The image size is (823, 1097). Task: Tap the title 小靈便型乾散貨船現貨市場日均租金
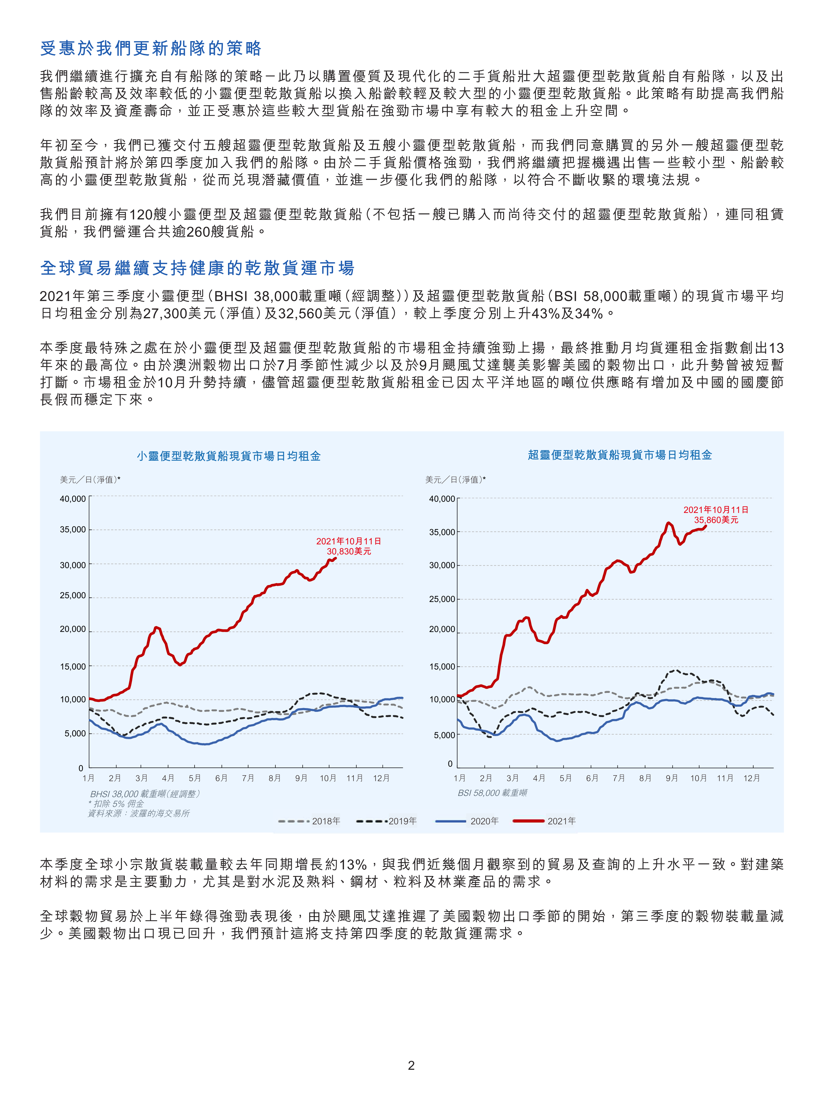coord(229,456)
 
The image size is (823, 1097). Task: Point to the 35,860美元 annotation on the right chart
coord(716,520)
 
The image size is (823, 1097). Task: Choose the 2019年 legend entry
coord(386,821)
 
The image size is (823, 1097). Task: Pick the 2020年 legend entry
coord(467,821)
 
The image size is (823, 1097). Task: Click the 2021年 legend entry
coord(544,821)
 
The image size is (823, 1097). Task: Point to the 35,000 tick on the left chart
coord(73,530)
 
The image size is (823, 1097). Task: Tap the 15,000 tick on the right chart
coord(442,667)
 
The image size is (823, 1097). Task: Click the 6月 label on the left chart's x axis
coord(221,778)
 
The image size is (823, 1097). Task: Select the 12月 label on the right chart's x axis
coord(751,778)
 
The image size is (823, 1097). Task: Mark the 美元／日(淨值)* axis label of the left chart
coord(90,479)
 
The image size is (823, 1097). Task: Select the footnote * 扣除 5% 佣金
coord(116,803)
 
